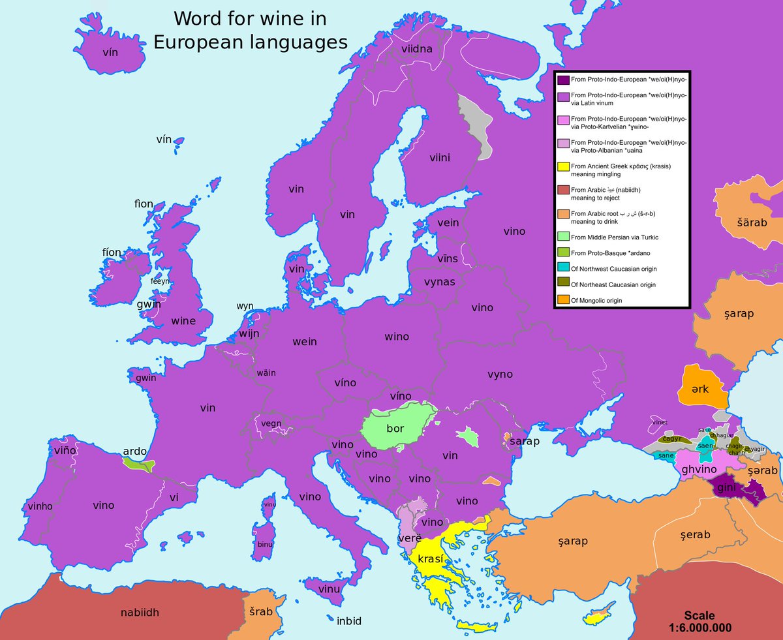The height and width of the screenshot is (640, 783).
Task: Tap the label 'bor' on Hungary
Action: point(395,429)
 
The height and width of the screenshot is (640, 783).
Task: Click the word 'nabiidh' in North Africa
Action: point(140,612)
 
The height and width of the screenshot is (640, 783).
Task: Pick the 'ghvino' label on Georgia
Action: point(699,469)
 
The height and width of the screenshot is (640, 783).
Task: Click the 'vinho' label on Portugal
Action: point(41,506)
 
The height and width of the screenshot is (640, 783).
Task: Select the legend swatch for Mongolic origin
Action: point(562,300)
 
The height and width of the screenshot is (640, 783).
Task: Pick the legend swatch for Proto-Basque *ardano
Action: point(562,253)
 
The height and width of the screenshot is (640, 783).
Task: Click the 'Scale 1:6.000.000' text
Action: point(699,622)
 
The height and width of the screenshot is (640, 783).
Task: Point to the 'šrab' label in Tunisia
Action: point(262,611)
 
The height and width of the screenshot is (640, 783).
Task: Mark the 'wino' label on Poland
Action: point(397,337)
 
